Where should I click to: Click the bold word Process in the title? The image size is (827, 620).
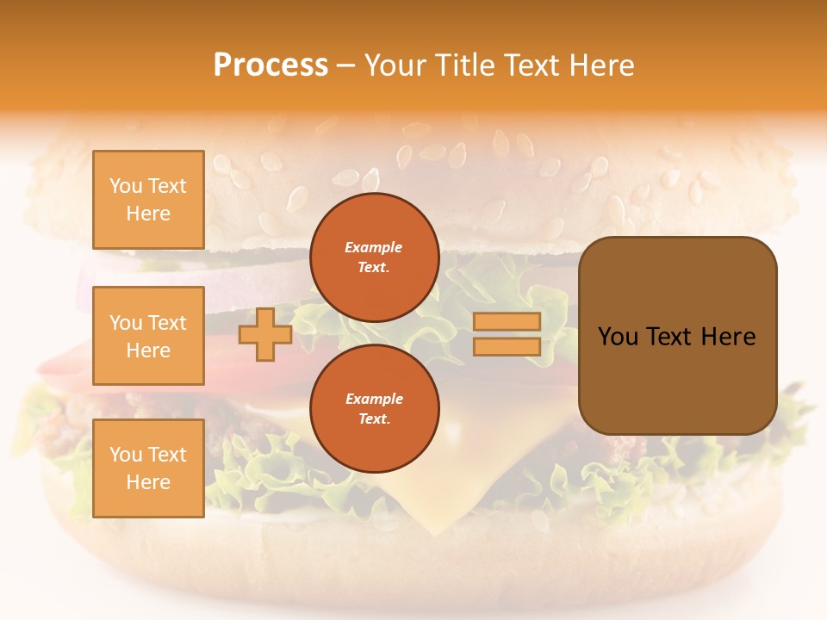(x=270, y=65)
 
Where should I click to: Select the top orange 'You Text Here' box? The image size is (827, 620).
(x=148, y=200)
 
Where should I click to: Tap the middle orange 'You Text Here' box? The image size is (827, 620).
(x=148, y=336)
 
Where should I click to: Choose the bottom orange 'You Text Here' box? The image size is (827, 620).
(x=148, y=468)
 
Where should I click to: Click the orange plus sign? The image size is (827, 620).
(x=264, y=334)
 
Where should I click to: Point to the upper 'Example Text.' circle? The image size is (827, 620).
(x=374, y=257)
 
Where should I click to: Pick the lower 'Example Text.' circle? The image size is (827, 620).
(x=374, y=409)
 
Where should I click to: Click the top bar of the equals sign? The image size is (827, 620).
(x=507, y=321)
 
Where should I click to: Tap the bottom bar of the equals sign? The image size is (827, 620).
(x=507, y=346)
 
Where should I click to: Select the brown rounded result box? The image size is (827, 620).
(x=677, y=335)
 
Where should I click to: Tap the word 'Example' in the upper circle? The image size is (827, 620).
(x=374, y=247)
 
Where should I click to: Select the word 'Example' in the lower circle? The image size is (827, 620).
(x=374, y=399)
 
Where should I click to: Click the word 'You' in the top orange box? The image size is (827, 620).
(x=126, y=186)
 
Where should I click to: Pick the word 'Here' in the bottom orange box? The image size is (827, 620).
(x=148, y=482)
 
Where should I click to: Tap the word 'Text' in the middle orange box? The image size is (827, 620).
(x=167, y=323)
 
